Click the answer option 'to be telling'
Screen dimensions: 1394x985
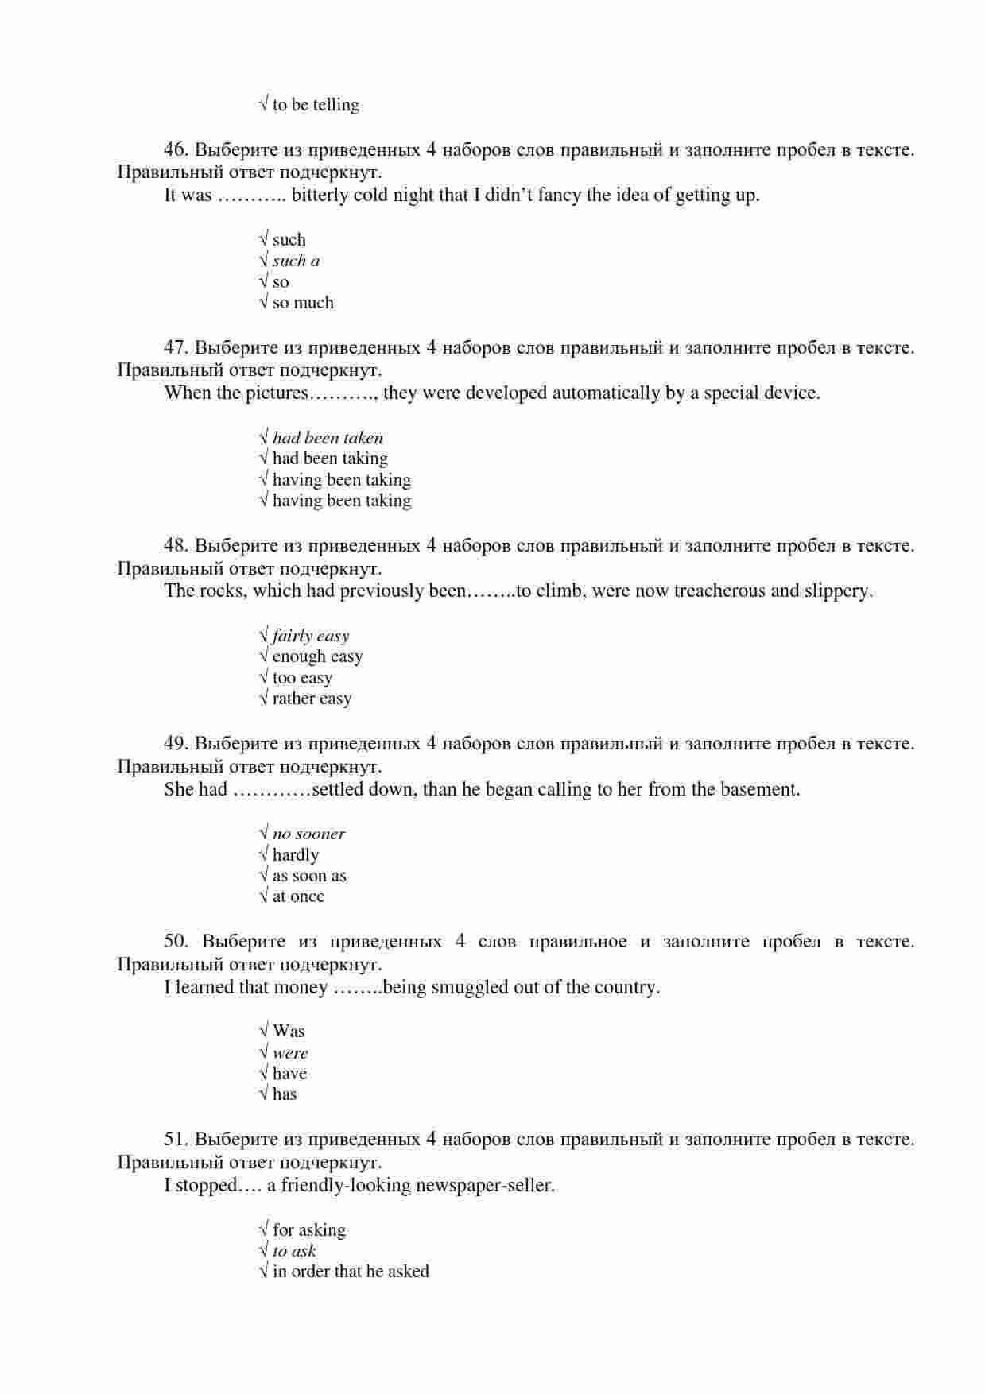[x=316, y=105]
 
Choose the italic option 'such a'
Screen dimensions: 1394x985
[x=296, y=261]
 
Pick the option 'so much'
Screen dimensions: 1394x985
[x=303, y=303]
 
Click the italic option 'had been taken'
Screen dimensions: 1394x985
[x=328, y=438]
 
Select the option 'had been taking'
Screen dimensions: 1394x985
[x=330, y=459]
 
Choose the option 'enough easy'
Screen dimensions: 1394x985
[x=317, y=656]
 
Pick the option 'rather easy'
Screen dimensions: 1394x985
[x=312, y=699]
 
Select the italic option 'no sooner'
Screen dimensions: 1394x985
[x=308, y=834]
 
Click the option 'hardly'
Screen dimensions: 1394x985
[x=295, y=855]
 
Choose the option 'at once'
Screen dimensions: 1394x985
[x=298, y=896]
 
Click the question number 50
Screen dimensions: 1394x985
[x=176, y=942]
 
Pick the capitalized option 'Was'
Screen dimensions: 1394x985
[x=289, y=1032]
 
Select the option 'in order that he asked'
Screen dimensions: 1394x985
[x=351, y=1272]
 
